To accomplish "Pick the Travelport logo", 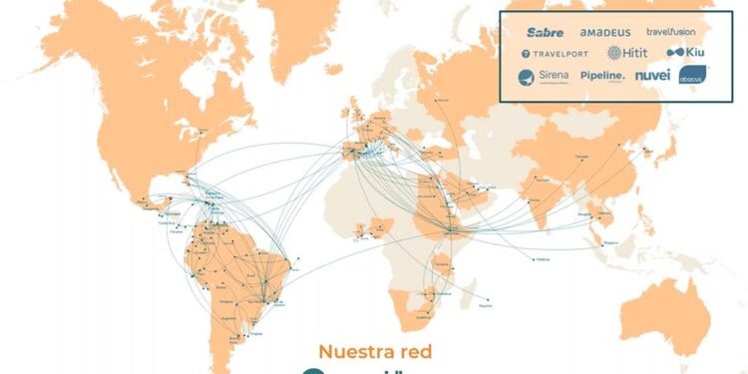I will pos(554,53).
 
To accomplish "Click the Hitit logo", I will pos(625,53).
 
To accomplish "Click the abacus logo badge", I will pos(693,75).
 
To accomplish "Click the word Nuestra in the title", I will pos(355,351).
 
